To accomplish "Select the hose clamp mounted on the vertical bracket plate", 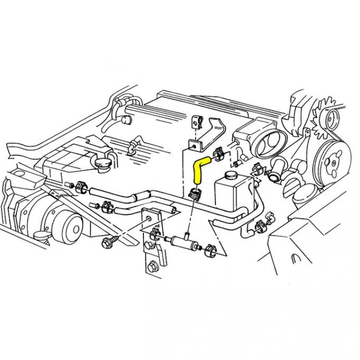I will [155, 231].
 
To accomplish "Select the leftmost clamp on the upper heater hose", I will [81, 186].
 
